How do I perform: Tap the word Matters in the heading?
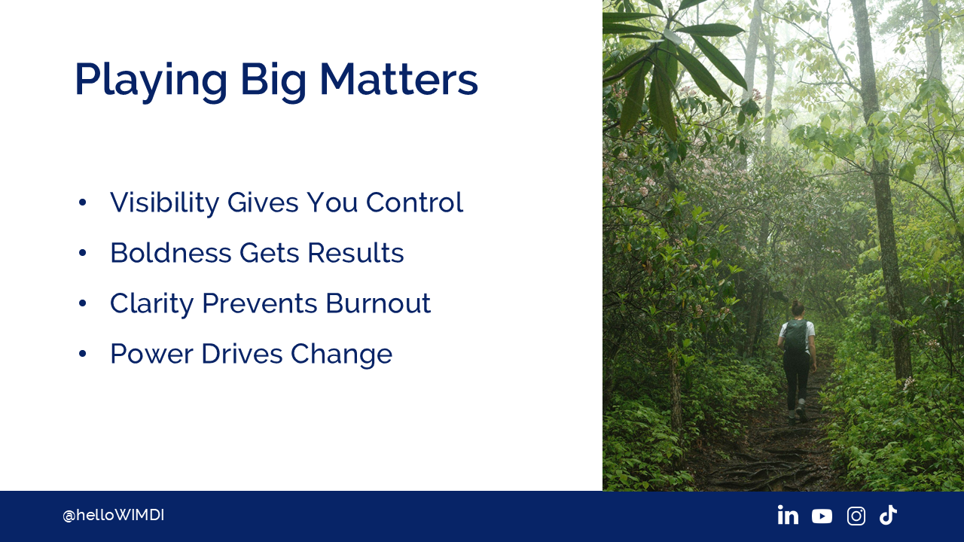coord(399,80)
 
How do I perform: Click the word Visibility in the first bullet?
coord(164,202)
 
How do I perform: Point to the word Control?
coord(414,202)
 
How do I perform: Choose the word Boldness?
coord(171,252)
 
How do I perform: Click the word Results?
coord(355,252)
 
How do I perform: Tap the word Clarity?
coord(152,303)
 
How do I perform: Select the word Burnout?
coord(378,303)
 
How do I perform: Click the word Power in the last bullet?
coord(152,354)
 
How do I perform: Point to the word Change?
coord(341,355)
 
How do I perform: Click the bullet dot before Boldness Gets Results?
coord(83,253)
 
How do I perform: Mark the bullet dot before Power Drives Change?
coord(83,354)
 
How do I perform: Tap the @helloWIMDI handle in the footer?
coord(113,516)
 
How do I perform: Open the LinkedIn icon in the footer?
coord(788,516)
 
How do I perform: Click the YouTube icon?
coord(822,516)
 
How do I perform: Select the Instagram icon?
coord(856,516)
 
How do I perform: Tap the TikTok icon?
coord(888,515)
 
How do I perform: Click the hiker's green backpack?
coord(795,336)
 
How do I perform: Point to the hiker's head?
coord(798,308)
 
